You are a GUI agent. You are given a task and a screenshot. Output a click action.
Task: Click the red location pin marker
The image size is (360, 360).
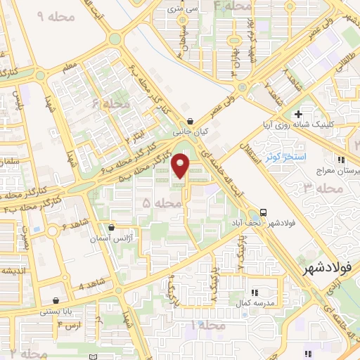point(182,166)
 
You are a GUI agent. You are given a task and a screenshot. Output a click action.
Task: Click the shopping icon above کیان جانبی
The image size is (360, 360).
point(191,120)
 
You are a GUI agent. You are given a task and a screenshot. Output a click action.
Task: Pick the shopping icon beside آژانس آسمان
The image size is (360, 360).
point(112,227)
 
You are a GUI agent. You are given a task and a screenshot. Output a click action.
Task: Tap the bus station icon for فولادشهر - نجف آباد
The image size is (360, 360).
point(263,212)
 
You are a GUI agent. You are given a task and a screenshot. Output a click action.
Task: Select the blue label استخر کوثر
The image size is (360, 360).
point(285,155)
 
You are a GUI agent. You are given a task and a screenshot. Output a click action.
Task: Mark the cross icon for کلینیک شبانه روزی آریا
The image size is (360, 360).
point(299,113)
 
